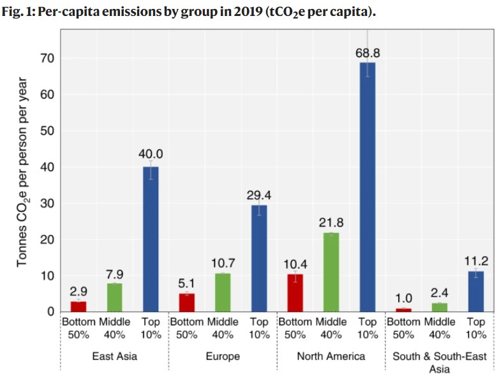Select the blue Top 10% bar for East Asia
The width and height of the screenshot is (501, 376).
tap(151, 239)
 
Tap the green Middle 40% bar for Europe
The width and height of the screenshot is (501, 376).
tap(223, 292)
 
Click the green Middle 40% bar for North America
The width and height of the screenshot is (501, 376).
tap(331, 272)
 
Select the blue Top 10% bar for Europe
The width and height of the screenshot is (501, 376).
tap(258, 258)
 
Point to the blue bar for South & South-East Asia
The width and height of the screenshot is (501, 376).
tap(475, 291)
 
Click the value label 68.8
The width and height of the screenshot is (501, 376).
tap(367, 53)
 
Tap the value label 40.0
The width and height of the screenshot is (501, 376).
tap(151, 154)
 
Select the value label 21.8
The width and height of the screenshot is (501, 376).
tap(331, 223)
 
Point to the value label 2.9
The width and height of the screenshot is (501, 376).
tap(79, 291)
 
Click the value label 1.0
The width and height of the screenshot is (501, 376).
tap(403, 297)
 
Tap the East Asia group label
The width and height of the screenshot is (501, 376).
tap(114, 356)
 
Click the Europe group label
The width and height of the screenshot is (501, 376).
tap(223, 356)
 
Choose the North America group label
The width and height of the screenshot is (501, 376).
tap(331, 356)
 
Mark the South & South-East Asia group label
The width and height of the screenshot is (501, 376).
tap(439, 362)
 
